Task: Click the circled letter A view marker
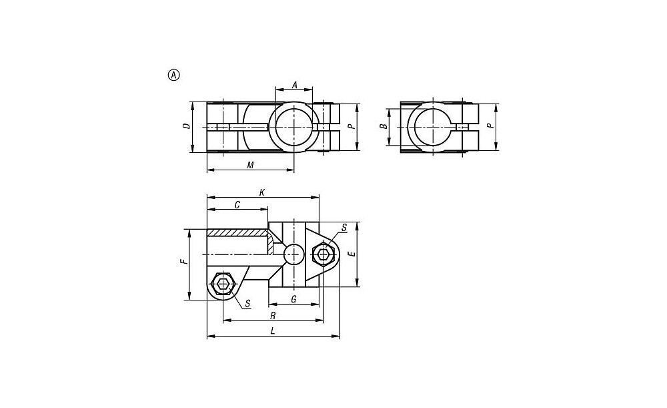(174, 75)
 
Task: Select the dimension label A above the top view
(294, 85)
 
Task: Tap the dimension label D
(186, 126)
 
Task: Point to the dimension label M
(251, 165)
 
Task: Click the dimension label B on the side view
(383, 126)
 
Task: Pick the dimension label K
(262, 193)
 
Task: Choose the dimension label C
(237, 205)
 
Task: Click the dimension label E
(352, 254)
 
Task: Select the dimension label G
(293, 299)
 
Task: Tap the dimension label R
(273, 316)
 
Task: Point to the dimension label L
(273, 331)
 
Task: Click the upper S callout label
(344, 228)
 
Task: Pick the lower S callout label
(247, 304)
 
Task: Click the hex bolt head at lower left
(223, 284)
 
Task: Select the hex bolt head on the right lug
(323, 254)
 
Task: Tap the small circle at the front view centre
(294, 254)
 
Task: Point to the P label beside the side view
(490, 126)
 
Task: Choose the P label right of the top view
(352, 126)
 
